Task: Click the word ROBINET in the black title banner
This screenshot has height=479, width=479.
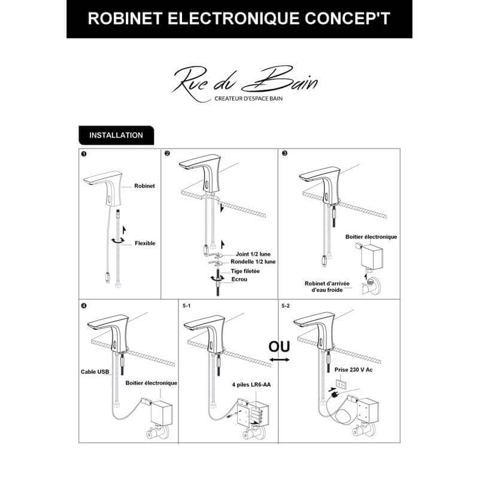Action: point(125,19)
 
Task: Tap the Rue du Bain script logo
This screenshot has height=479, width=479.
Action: point(245,81)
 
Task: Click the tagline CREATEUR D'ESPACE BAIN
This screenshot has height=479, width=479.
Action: point(248,99)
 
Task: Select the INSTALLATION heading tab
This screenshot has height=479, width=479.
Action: point(116,135)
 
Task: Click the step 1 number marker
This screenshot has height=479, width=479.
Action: point(84,154)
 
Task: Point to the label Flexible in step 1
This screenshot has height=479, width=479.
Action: point(145,243)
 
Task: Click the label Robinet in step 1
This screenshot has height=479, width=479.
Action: point(144,186)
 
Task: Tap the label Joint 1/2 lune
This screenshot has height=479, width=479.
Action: point(253,254)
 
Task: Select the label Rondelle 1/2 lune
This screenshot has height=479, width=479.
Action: point(253,262)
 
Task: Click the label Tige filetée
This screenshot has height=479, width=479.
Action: point(245,271)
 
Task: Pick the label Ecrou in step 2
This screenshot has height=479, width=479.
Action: point(239,279)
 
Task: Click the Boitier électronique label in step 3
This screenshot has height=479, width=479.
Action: point(371,237)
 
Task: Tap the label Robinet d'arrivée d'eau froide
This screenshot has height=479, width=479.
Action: point(327,287)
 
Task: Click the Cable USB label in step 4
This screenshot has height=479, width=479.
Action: point(95,372)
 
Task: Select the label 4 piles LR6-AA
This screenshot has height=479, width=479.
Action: point(251,384)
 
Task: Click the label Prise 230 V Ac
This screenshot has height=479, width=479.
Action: point(353,369)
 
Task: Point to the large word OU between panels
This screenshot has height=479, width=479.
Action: point(279,347)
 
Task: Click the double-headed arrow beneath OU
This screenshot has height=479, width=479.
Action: point(280,360)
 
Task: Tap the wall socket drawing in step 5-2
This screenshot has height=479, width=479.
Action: point(341,384)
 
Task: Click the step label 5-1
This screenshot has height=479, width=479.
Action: point(186,305)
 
